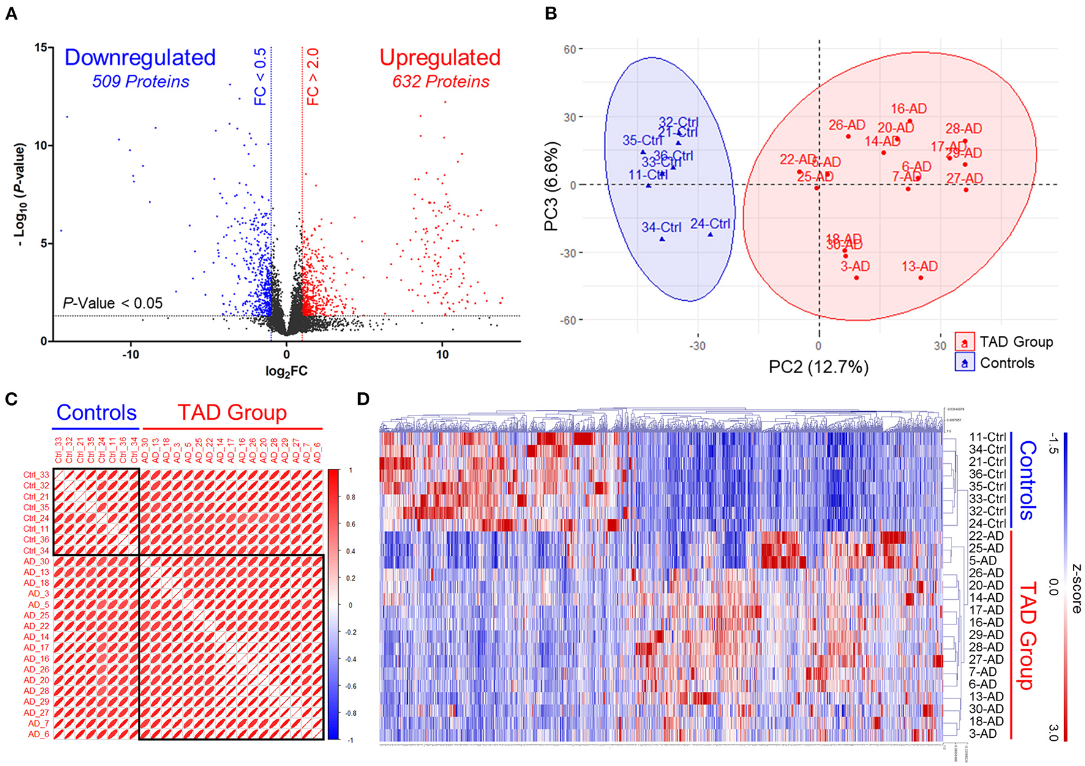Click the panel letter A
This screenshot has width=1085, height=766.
[x=11, y=13]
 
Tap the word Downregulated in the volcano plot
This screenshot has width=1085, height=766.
[x=140, y=58]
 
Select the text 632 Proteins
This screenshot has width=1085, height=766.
[x=441, y=82]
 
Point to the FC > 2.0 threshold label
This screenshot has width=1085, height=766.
[x=313, y=77]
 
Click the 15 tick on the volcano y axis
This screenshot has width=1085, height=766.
[x=40, y=48]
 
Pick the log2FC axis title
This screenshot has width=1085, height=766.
[x=287, y=371]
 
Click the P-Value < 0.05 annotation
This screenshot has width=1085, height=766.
[x=113, y=303]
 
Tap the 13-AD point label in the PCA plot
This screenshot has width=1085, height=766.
[x=920, y=267]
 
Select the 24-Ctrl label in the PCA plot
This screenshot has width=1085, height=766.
[x=710, y=224]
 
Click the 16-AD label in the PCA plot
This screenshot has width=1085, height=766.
[x=909, y=109]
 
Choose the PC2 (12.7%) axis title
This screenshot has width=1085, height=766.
[x=819, y=367]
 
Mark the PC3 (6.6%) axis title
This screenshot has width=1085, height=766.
[x=552, y=186]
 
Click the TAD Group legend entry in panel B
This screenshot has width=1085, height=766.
[x=1016, y=342]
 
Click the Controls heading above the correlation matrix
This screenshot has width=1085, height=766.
[x=97, y=412]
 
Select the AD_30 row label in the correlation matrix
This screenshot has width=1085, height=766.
[x=37, y=562]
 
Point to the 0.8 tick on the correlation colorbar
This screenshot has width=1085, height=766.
[x=351, y=497]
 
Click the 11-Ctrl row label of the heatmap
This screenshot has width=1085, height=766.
[x=987, y=438]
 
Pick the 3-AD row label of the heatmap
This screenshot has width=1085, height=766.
[x=983, y=734]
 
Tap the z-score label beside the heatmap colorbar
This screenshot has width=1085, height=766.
[x=1076, y=589]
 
